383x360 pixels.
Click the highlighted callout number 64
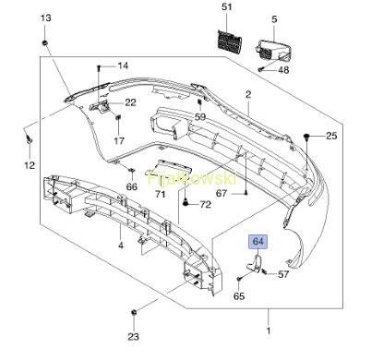pyautogui.click(x=258, y=242)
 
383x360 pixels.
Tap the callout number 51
pyautogui.click(x=226, y=6)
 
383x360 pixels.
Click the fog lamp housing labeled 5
pyautogui.click(x=272, y=49)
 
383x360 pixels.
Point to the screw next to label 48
pyautogui.click(x=261, y=70)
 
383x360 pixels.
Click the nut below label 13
pyautogui.click(x=45, y=42)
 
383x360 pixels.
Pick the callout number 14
pyautogui.click(x=123, y=66)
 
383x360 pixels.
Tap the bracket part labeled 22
pyautogui.click(x=100, y=106)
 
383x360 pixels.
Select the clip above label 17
pyautogui.click(x=118, y=118)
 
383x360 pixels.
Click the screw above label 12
pyautogui.click(x=30, y=139)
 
